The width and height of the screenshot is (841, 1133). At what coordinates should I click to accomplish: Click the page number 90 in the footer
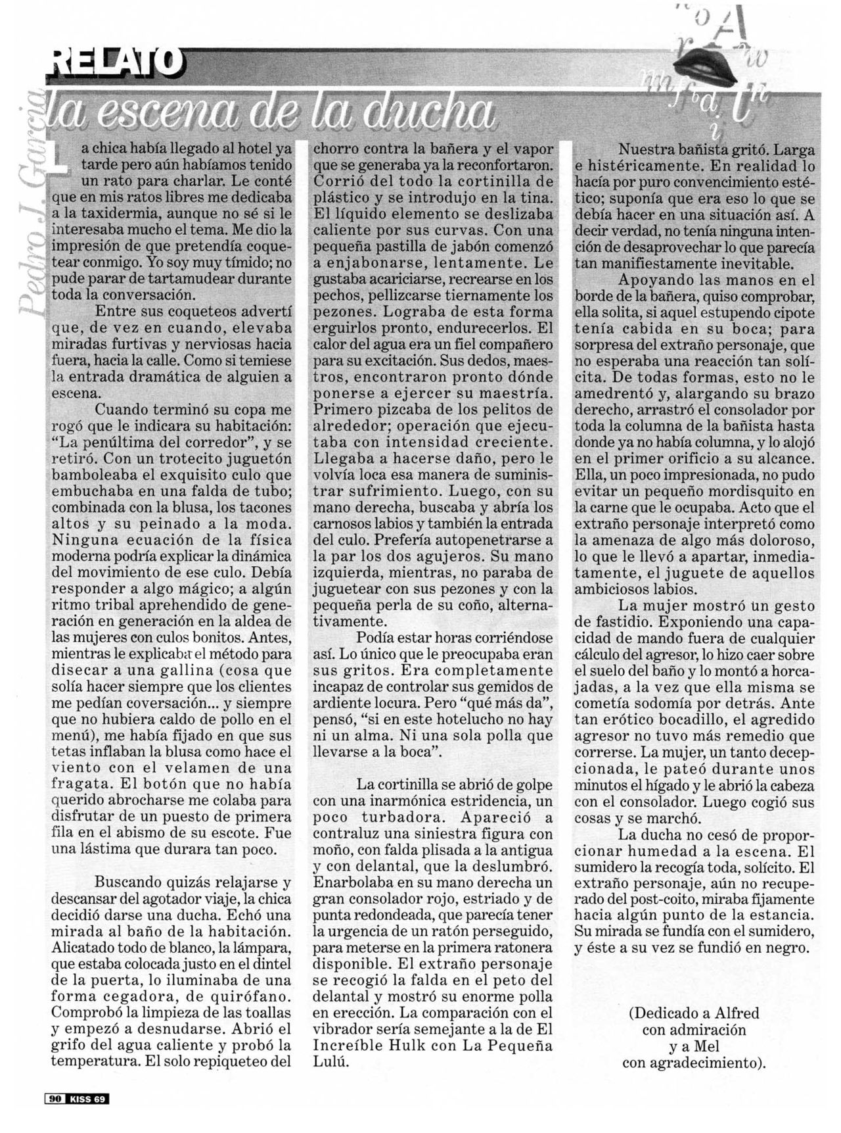pos(54,1098)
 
